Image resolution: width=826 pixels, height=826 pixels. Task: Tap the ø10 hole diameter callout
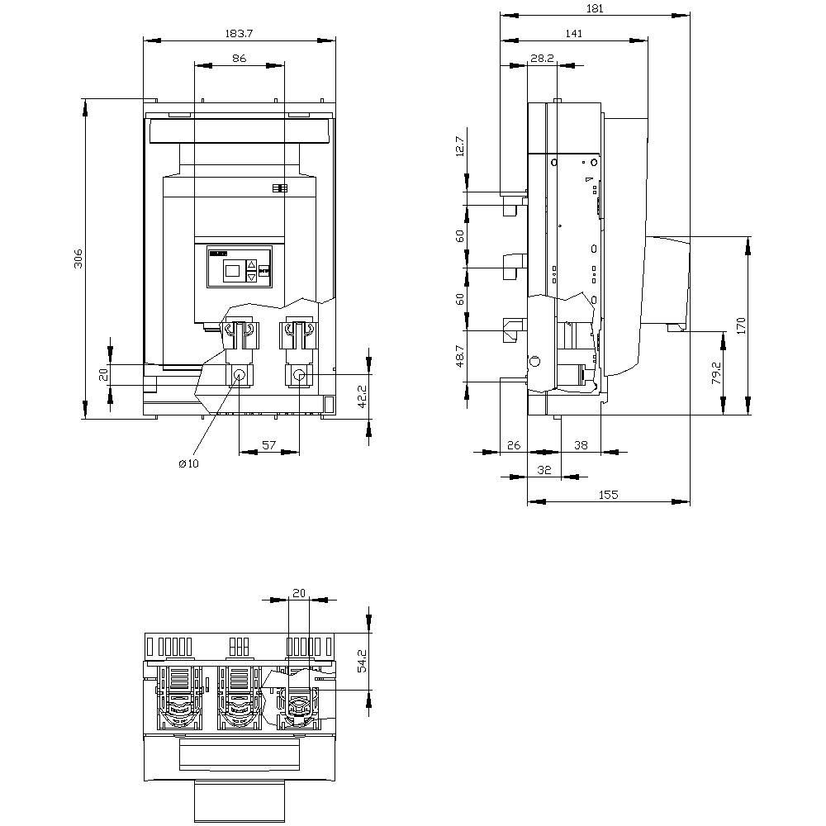point(188,463)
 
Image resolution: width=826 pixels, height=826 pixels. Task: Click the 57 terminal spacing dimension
point(268,444)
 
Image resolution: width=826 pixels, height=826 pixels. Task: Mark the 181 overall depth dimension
point(595,8)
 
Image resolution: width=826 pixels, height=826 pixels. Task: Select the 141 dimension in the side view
point(574,33)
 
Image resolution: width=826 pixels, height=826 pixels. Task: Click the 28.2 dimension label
point(542,59)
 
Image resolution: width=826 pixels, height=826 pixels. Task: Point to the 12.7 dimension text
point(460,146)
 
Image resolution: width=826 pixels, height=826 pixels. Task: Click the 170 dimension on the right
point(741,324)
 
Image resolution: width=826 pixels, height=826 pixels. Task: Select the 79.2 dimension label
point(716,373)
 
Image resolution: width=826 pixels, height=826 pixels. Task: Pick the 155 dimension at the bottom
point(608,494)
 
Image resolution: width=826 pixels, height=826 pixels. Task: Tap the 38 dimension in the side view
point(581,444)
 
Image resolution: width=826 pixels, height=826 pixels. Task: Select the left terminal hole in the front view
point(240,375)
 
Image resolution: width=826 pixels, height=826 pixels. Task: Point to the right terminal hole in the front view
point(299,376)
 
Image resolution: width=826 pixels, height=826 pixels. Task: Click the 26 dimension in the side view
point(513,444)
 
